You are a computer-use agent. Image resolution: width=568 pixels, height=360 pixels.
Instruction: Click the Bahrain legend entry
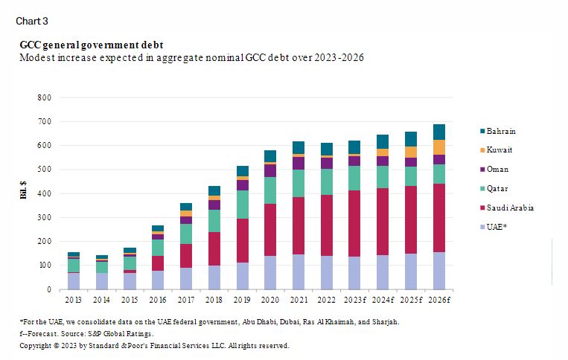pos(501,131)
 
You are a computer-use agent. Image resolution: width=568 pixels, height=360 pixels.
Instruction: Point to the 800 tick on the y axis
pos(44,97)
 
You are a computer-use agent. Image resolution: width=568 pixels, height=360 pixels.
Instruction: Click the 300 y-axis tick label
pos(44,217)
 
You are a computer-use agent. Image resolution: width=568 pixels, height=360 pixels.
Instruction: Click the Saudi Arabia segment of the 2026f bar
pos(438,218)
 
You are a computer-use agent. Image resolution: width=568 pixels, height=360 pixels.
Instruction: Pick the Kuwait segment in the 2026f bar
pos(438,147)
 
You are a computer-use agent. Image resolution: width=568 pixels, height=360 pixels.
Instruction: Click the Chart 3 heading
pos(32,20)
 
